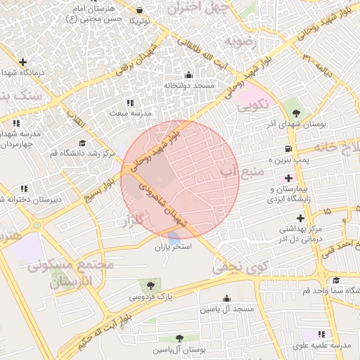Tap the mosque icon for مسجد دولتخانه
coord(188,75)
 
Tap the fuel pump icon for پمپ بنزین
coord(289,148)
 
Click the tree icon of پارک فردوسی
coord(150,285)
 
